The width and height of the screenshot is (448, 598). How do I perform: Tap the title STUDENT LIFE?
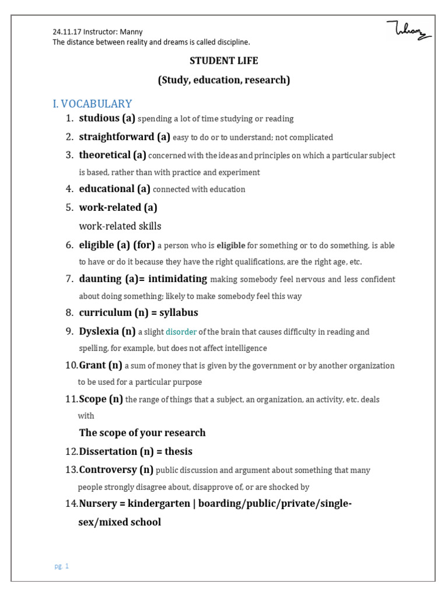(x=224, y=61)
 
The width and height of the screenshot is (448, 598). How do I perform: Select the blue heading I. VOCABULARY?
(x=92, y=104)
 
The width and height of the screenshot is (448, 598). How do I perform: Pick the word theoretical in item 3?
(x=105, y=155)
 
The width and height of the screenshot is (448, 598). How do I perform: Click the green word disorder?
(x=181, y=332)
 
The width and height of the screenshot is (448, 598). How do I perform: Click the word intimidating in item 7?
(x=177, y=279)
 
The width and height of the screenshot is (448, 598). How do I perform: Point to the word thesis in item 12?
(x=178, y=451)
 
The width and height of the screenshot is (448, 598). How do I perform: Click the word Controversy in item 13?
(x=108, y=470)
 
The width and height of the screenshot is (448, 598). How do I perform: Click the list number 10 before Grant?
(x=71, y=366)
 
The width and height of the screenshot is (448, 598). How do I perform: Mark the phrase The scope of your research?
(x=142, y=433)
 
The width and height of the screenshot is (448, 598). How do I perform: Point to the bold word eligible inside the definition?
(x=231, y=246)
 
